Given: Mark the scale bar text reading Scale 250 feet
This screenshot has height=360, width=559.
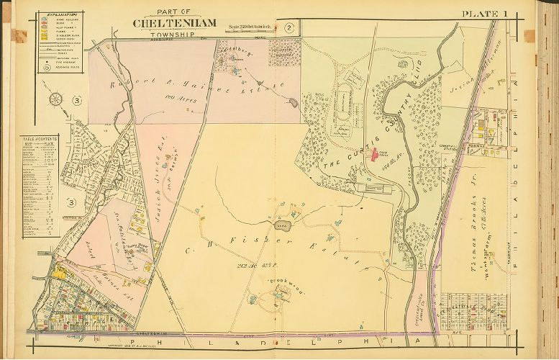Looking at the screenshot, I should click(253, 27).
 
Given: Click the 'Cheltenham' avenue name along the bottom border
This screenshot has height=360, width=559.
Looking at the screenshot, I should click(154, 334).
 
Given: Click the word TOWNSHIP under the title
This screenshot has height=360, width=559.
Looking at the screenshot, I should click(175, 33).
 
